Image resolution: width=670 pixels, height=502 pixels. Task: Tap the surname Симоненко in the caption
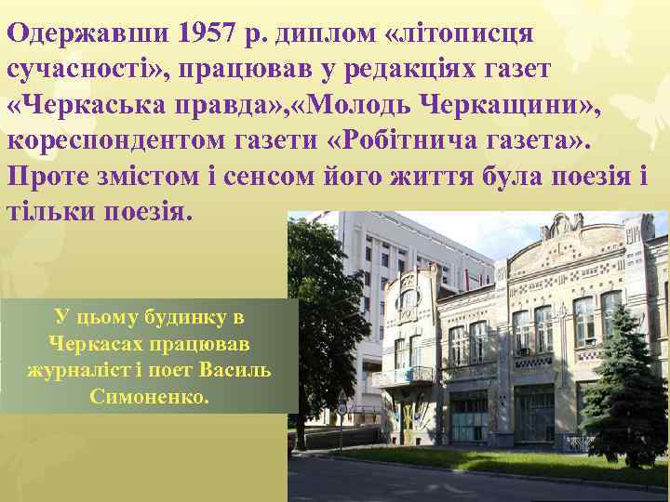pos(150,395)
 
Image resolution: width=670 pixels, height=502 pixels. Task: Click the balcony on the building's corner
pos(404,375)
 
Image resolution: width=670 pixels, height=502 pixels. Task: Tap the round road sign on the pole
pos(342,406)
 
